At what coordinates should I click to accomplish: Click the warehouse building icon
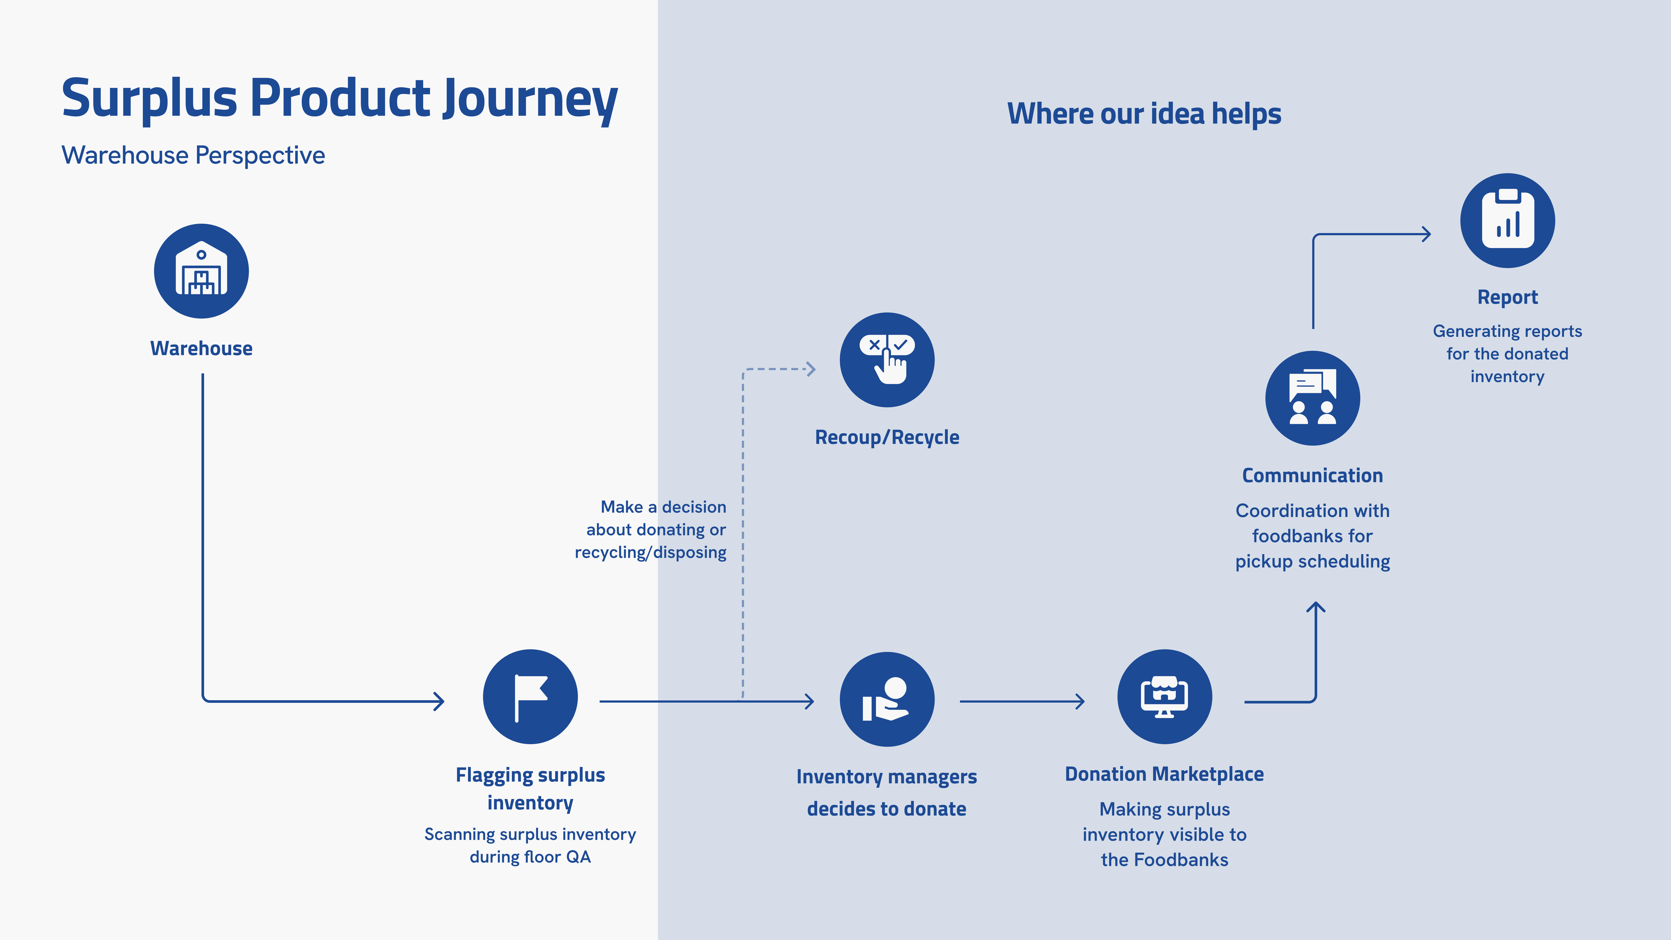pyautogui.click(x=201, y=271)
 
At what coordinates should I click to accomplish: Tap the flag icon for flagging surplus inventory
pyautogui.click(x=530, y=697)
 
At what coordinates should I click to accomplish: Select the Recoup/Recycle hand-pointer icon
pyautogui.click(x=887, y=360)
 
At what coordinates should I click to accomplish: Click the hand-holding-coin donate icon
pyautogui.click(x=887, y=699)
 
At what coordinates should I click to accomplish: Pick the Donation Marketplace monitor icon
pyautogui.click(x=1164, y=697)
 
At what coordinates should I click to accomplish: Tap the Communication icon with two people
pyautogui.click(x=1312, y=398)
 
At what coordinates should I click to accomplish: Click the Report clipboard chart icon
pyautogui.click(x=1508, y=221)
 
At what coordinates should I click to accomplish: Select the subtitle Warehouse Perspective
pyautogui.click(x=193, y=156)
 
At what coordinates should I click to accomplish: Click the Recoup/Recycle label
pyautogui.click(x=887, y=437)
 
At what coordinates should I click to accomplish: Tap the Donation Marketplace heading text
pyautogui.click(x=1164, y=774)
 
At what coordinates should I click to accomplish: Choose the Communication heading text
pyautogui.click(x=1312, y=475)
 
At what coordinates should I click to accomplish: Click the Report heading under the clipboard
pyautogui.click(x=1508, y=297)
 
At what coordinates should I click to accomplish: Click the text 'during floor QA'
pyautogui.click(x=530, y=857)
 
